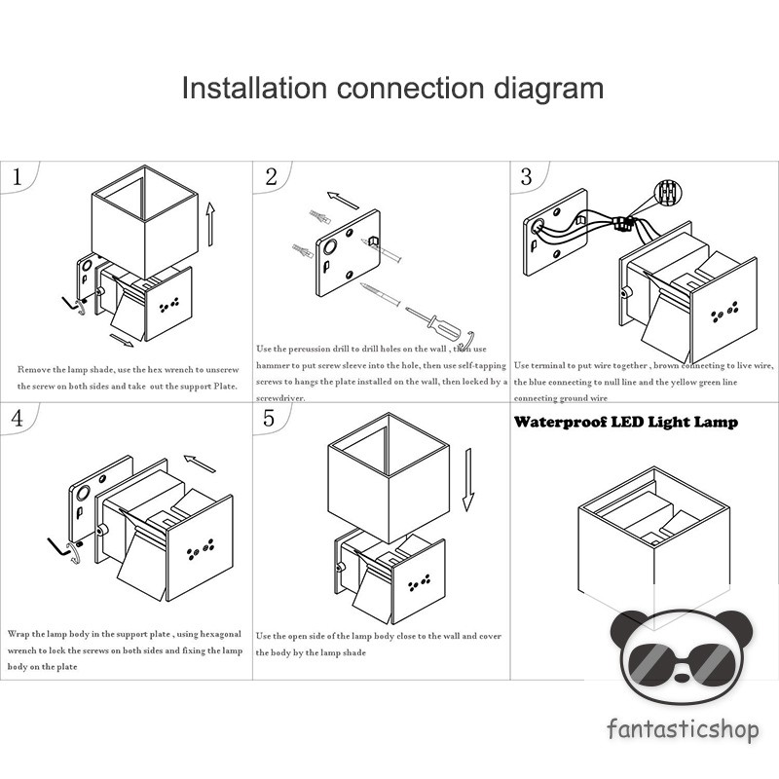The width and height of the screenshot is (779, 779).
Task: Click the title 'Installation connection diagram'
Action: point(392,89)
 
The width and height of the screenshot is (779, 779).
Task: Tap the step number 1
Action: point(17,177)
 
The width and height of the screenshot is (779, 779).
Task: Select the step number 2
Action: point(271,176)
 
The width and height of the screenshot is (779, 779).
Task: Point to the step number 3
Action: point(527,176)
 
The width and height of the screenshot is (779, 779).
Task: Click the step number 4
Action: point(17,419)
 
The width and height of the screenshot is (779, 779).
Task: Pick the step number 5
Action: point(270,418)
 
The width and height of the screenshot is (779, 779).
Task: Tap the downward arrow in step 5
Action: point(467,479)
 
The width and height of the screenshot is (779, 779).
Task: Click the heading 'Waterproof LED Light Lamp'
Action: point(625,423)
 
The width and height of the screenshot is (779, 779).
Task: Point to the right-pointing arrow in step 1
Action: point(123,341)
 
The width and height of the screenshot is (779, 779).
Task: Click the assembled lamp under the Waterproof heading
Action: point(652,545)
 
